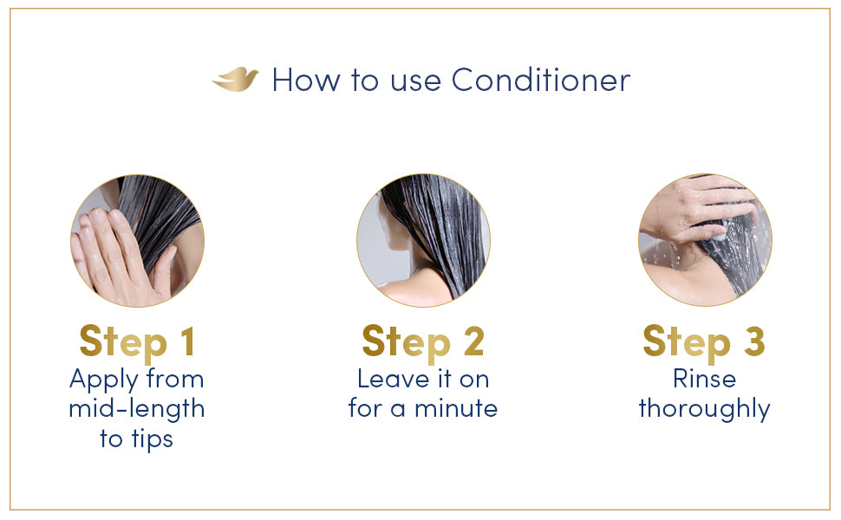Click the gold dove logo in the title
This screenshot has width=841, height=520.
pos(235,80)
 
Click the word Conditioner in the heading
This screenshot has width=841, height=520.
pos(541,81)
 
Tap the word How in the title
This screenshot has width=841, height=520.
pos(306,81)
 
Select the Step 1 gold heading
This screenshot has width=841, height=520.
pos(137,342)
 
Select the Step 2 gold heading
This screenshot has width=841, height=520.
pos(423,342)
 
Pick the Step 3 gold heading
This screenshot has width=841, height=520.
pos(704,342)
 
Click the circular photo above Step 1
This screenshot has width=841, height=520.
pos(137,241)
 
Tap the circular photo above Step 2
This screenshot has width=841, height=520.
pos(423,241)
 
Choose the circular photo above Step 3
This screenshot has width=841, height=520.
pos(705,241)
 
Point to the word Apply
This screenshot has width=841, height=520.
pos(104,380)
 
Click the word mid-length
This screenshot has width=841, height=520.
pos(137,408)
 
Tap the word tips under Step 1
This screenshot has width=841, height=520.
pos(153,439)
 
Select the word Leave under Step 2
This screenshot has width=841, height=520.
pos(393,379)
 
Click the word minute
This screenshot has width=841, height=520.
pos(456,408)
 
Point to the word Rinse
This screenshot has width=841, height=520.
pos(704,379)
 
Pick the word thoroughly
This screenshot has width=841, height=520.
pos(704,410)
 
